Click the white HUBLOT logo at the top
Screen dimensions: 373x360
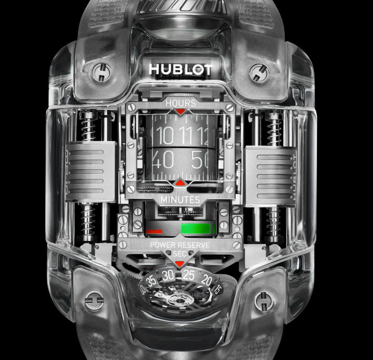tap(181, 69)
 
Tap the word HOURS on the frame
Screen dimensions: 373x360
tap(181, 103)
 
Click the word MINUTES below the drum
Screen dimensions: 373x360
tap(180, 200)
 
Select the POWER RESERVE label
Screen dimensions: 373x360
tap(180, 245)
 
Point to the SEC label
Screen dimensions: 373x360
tap(180, 254)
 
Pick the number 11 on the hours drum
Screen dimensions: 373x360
tap(185, 135)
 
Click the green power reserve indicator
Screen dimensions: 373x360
tap(196, 229)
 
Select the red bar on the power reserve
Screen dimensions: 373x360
tap(153, 231)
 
